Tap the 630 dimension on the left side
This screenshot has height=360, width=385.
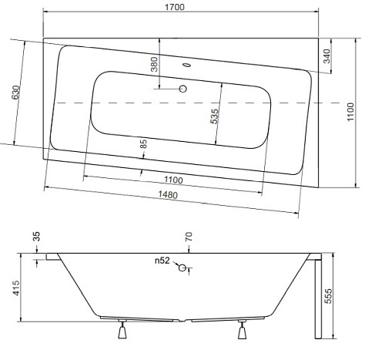[x=14, y=94]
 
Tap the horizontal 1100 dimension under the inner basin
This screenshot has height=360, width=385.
[x=173, y=180]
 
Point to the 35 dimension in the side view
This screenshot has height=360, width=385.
[x=35, y=237]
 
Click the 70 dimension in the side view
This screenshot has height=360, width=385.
[x=189, y=237]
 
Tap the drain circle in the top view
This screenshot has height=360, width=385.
[x=184, y=89]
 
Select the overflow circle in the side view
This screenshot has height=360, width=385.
[x=182, y=268]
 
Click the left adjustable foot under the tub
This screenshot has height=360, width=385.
[x=120, y=331]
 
